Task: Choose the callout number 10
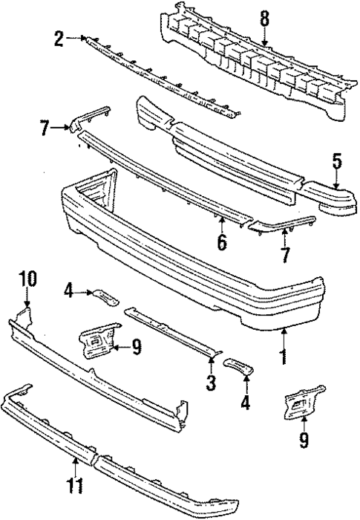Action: coord(27,279)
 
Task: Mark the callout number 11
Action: coord(73,487)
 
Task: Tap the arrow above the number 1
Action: coord(282,339)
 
